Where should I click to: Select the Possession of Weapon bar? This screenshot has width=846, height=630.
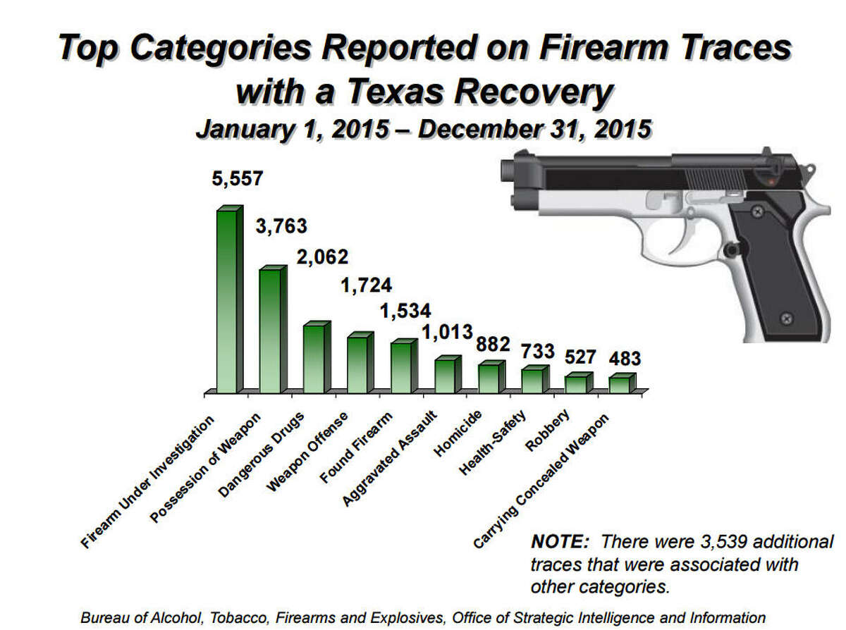[271, 331]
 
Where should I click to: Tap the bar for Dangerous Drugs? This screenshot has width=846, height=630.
[315, 359]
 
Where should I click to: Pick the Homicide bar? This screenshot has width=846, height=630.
[490, 378]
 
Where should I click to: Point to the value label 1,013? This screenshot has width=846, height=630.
[447, 331]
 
